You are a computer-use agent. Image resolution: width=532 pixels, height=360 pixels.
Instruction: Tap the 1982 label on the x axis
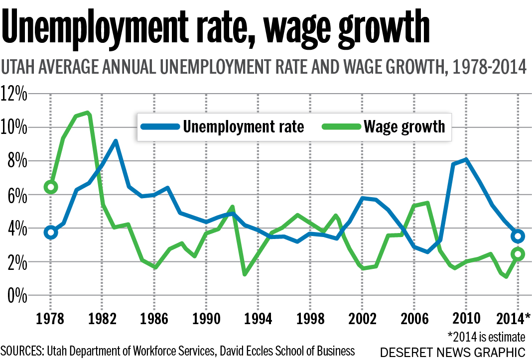click(102, 318)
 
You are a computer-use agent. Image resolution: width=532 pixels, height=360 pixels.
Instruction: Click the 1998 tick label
click(310, 318)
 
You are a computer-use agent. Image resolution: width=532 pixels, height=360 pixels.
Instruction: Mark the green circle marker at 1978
click(50, 187)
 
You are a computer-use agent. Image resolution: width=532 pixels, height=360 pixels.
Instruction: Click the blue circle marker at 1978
click(50, 232)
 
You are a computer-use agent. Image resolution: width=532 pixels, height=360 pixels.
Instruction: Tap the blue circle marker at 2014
click(518, 236)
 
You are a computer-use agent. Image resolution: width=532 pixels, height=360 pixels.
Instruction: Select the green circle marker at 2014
click(518, 254)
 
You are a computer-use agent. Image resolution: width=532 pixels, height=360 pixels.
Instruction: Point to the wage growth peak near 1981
click(88, 113)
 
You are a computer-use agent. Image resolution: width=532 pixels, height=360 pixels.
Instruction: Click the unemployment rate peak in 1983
click(116, 141)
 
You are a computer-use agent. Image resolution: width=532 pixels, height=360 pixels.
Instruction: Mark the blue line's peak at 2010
click(466, 159)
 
